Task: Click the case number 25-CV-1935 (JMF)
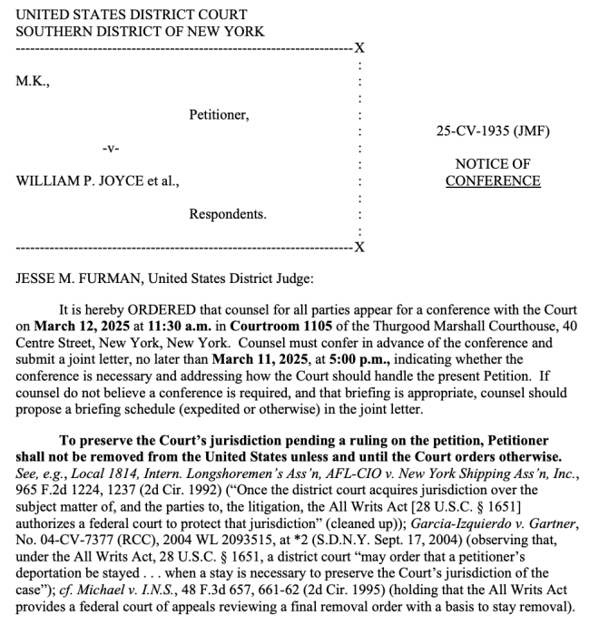pos(493,132)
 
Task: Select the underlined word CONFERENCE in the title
pos(493,181)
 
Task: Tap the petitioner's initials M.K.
pos(34,82)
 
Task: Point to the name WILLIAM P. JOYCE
pos(81,181)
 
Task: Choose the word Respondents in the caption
pos(228,214)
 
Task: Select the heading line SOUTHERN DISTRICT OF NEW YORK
pos(140,31)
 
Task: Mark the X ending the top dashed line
pos(359,48)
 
